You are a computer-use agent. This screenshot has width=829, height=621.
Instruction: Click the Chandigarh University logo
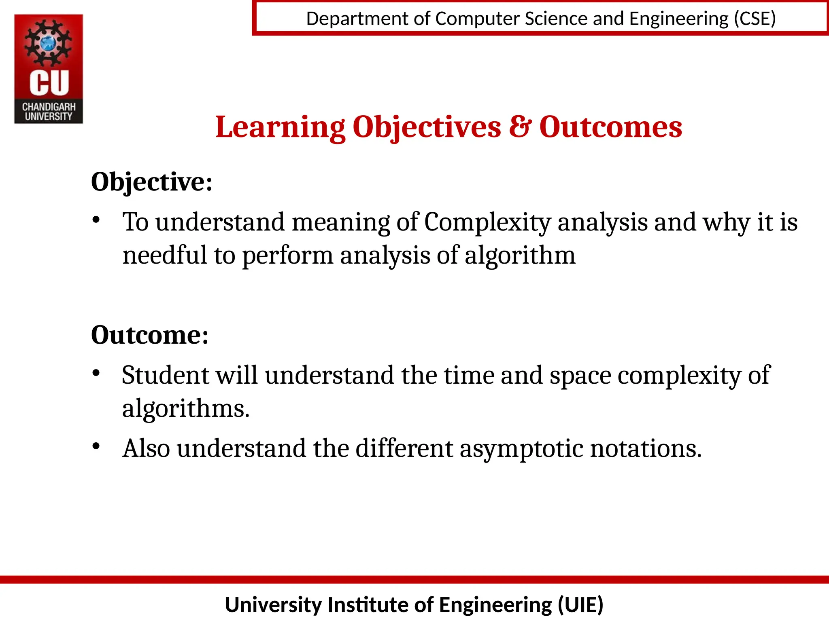(x=49, y=69)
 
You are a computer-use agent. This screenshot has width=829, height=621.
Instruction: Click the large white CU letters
(x=49, y=83)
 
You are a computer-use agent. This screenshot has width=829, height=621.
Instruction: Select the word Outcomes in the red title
(x=610, y=127)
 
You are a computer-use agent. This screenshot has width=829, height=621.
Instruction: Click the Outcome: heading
(x=150, y=335)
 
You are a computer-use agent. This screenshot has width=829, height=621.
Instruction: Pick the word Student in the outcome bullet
(x=165, y=375)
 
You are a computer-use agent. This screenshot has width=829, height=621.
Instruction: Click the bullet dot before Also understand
(x=96, y=446)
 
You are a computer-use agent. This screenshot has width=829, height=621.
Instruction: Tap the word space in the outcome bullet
(x=580, y=376)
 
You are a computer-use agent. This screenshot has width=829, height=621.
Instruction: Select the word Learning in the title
(x=280, y=127)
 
